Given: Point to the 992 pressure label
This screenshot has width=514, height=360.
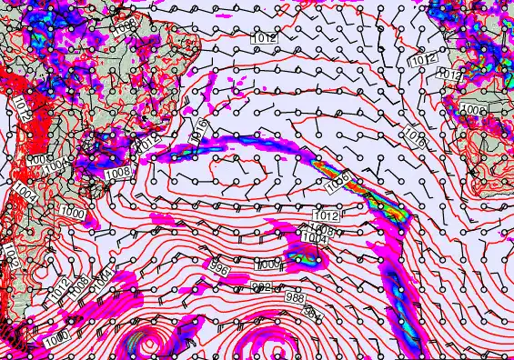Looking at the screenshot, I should pyautogui.click(x=261, y=286).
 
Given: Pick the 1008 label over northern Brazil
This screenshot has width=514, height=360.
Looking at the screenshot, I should pyautogui.click(x=126, y=24).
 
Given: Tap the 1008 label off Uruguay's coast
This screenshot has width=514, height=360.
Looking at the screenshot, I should pyautogui.click(x=116, y=171).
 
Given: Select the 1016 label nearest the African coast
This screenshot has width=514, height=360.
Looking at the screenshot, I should pyautogui.click(x=415, y=137).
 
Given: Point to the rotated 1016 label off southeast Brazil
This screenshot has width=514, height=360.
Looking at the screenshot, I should pyautogui.click(x=201, y=130).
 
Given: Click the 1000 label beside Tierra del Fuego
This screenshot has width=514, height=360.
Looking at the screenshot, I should pyautogui.click(x=55, y=338).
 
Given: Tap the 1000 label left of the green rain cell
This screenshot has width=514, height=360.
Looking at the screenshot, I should pyautogui.click(x=270, y=263).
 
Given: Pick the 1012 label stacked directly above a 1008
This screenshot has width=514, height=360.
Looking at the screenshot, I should pyautogui.click(x=325, y=217).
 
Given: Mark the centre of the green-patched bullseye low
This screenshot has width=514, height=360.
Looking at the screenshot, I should pyautogui.click(x=145, y=344).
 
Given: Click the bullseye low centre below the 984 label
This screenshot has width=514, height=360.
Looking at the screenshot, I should pyautogui.click(x=258, y=347).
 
